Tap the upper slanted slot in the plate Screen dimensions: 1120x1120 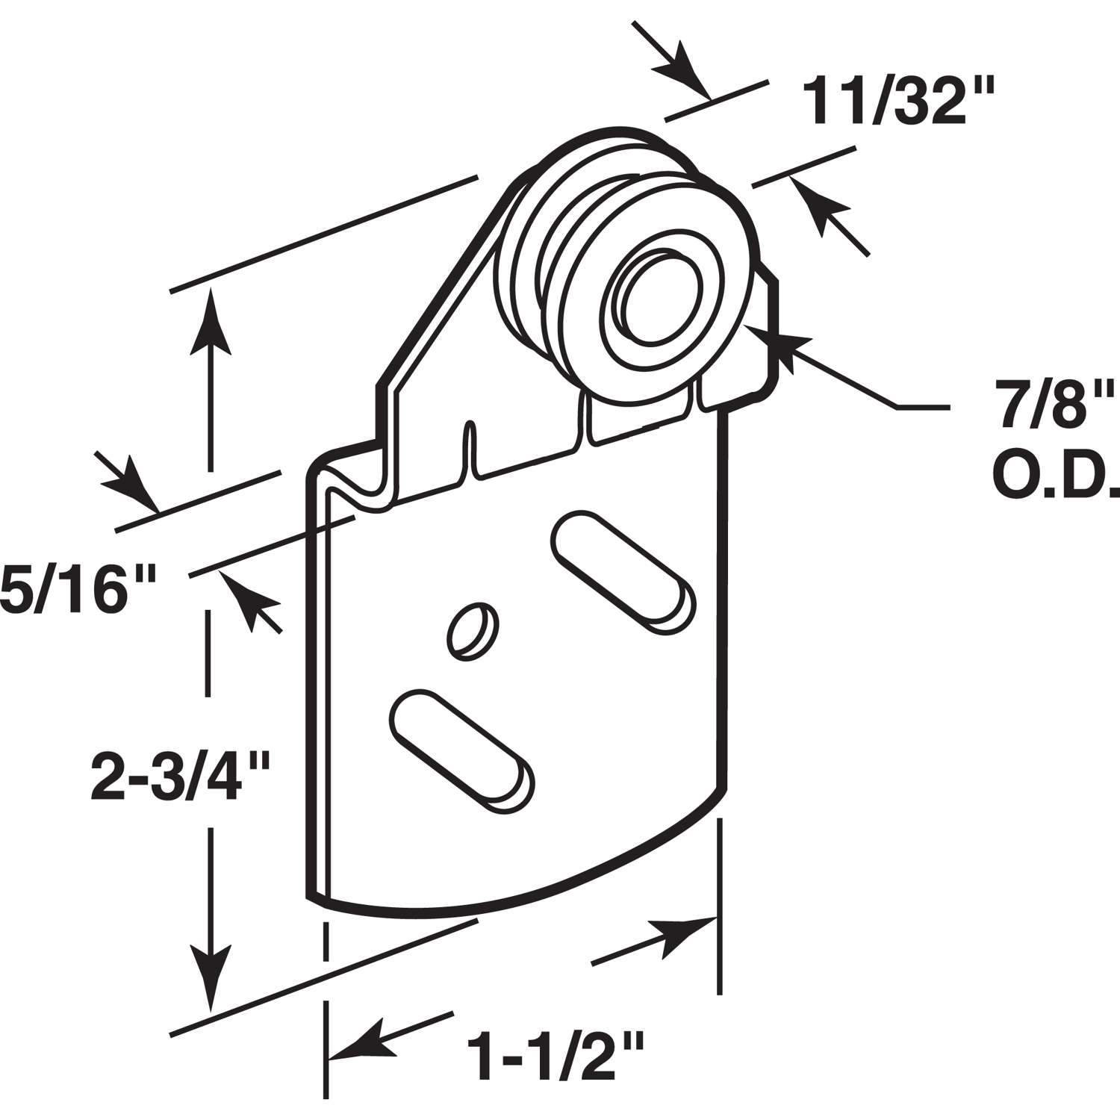pos(624,570)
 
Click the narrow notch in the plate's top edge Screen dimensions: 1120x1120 pos(470,448)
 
